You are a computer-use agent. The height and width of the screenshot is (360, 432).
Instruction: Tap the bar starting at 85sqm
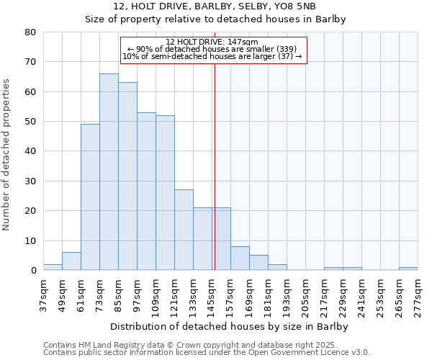pos(127,176)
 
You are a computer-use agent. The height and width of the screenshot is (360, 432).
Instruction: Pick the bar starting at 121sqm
pos(184,230)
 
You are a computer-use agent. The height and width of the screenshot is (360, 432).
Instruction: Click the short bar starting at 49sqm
pos(71,261)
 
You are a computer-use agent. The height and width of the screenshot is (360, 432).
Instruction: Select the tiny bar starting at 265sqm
pos(408,269)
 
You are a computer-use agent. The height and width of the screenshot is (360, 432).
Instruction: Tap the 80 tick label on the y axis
pos(30,32)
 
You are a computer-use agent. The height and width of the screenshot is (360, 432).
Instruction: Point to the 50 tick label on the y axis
pos(30,122)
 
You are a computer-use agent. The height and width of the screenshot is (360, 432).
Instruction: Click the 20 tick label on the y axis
pos(30,211)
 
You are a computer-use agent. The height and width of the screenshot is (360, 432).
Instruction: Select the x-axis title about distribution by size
pos(230,327)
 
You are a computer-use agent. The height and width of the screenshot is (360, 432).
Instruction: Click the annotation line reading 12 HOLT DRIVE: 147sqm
pos(213,42)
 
